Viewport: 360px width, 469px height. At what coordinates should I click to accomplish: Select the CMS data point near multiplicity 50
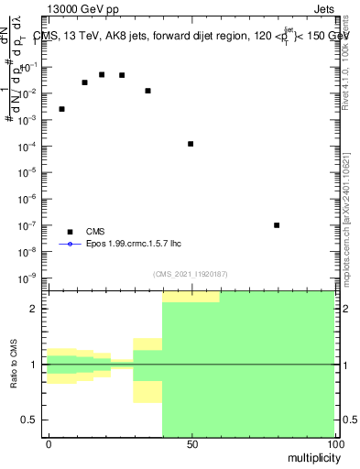tap(191, 144)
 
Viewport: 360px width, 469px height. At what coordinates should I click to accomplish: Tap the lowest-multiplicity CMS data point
tap(61, 109)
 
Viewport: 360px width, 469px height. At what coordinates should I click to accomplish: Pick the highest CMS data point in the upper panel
tap(102, 74)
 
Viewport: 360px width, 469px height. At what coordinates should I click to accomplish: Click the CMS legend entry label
tap(96, 232)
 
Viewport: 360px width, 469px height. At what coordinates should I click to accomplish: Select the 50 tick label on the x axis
tap(191, 444)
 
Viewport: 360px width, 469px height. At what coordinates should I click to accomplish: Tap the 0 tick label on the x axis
tap(49, 444)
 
